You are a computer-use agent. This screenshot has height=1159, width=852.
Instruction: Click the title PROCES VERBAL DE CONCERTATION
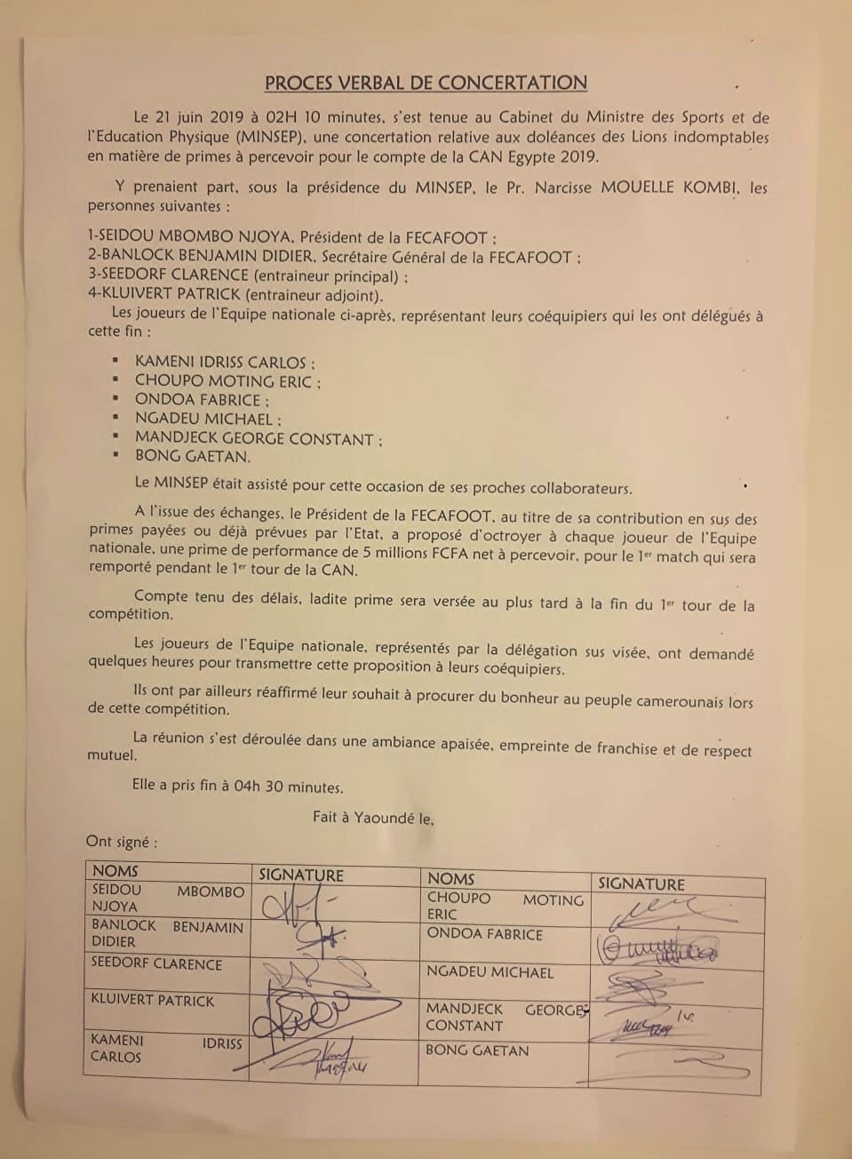[x=426, y=83]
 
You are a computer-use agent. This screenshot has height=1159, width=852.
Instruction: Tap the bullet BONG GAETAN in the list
[x=192, y=456]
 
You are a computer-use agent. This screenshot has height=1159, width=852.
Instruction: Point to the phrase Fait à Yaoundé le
[x=373, y=816]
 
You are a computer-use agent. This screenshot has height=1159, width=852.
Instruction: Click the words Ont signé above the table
[x=122, y=841]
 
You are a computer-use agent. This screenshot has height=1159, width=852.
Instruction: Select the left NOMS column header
[x=115, y=871]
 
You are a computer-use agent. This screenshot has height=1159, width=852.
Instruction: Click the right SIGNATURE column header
[x=641, y=883]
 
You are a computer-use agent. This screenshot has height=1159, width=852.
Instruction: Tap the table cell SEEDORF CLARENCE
[x=156, y=963]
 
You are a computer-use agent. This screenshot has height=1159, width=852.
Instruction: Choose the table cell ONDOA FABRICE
[x=484, y=934]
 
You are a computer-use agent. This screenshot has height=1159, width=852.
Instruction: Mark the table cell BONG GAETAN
[x=477, y=1051]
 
